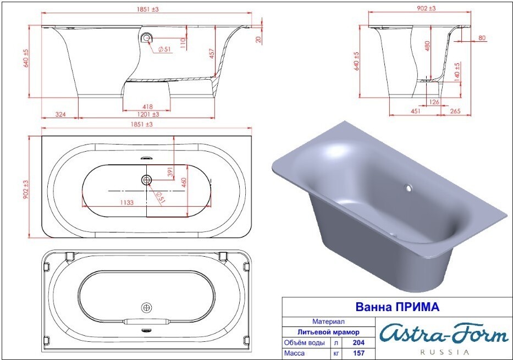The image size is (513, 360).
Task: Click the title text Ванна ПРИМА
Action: tap(397, 307)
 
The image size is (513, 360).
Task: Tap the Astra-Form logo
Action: tap(445, 334)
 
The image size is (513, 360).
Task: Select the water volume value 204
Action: tap(358, 342)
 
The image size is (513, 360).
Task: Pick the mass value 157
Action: tap(358, 353)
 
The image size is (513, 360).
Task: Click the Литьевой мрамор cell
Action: tap(328, 332)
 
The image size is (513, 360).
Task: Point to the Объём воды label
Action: tap(305, 342)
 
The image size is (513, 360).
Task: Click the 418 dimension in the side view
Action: tap(147, 107)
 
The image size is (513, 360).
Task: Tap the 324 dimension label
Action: tap(60, 114)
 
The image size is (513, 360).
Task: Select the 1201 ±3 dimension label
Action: tap(147, 114)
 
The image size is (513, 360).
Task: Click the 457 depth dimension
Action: tap(212, 54)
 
